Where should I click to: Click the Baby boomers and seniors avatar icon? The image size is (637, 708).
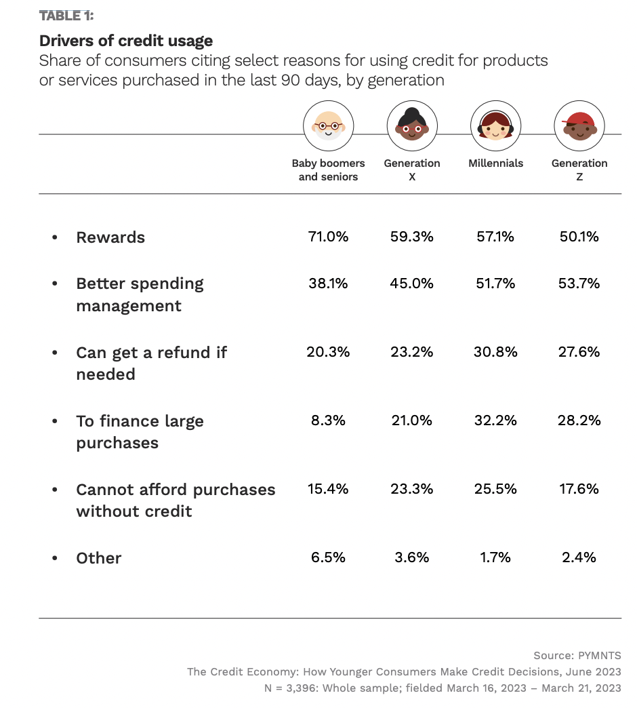328,126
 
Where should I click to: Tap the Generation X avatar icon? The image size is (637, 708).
412,126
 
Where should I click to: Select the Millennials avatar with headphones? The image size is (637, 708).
495,126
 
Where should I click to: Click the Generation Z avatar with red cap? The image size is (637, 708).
579,126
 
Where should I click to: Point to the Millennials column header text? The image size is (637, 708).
495,163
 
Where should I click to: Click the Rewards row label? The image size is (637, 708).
110,237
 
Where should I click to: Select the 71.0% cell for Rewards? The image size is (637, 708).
328,237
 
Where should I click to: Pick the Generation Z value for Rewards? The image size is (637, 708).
579,237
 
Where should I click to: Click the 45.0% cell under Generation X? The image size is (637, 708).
412,283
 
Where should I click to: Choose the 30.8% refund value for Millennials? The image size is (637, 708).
495,352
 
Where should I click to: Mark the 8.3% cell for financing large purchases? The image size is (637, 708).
328,420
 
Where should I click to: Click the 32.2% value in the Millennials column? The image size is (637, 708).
495,420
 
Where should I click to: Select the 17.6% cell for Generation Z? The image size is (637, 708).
579,489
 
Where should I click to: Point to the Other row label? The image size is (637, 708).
99,558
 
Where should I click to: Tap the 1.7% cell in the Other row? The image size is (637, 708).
495,557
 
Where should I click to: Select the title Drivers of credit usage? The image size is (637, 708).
126,41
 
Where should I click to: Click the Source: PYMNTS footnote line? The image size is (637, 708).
577,656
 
